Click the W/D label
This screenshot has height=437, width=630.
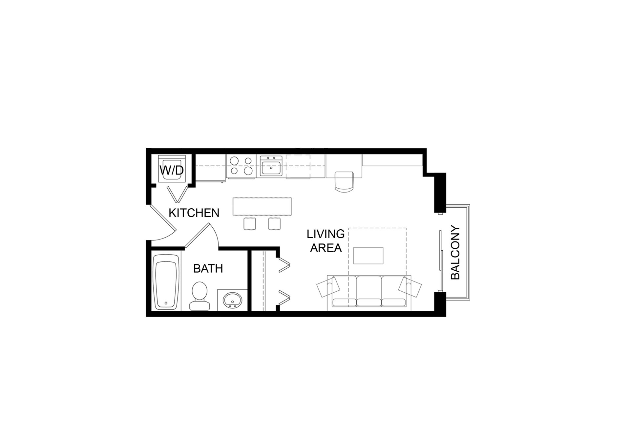(172, 170)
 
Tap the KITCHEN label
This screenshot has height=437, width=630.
(194, 213)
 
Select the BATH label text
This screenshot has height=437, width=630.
(208, 268)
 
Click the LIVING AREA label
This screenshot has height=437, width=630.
(326, 241)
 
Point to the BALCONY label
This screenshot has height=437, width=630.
(455, 252)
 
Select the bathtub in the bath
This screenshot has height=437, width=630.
(167, 281)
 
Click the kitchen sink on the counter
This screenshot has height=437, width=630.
(271, 166)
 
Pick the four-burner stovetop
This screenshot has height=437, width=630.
(241, 166)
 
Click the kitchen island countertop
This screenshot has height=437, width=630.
(262, 206)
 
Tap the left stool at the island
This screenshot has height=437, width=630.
(250, 223)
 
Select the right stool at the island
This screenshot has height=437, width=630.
(274, 223)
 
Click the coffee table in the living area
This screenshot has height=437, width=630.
(368, 256)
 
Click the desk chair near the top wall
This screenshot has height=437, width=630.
(344, 181)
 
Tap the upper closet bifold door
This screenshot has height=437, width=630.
(284, 265)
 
